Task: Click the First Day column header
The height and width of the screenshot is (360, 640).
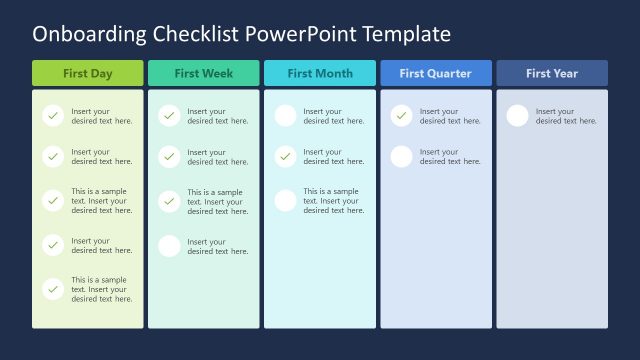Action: pyautogui.click(x=88, y=73)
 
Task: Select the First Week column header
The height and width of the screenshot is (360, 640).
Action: pyautogui.click(x=204, y=73)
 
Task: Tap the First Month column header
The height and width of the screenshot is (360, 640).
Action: pyautogui.click(x=320, y=73)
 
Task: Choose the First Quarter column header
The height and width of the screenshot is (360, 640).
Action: pyautogui.click(x=436, y=73)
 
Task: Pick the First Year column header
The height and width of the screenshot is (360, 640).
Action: pyautogui.click(x=552, y=73)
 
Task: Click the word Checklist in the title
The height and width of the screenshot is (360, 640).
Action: pyautogui.click(x=206, y=34)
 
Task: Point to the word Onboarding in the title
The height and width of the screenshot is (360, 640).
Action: pyautogui.click(x=90, y=34)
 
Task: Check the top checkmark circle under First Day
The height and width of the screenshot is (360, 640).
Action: pyautogui.click(x=53, y=116)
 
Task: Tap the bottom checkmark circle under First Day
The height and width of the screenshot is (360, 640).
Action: pyautogui.click(x=53, y=289)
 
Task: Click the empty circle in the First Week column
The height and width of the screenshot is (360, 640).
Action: pyautogui.click(x=169, y=246)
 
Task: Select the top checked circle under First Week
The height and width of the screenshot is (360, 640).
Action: pyautogui.click(x=169, y=116)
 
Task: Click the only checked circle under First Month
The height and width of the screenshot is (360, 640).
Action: pyautogui.click(x=285, y=157)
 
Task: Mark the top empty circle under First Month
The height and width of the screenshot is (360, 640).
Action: pyautogui.click(x=285, y=116)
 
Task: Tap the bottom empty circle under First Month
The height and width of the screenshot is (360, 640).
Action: pyautogui.click(x=285, y=201)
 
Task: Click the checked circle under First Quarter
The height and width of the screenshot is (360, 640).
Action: pyautogui.click(x=401, y=116)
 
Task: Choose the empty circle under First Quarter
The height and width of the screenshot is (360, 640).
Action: pyautogui.click(x=401, y=157)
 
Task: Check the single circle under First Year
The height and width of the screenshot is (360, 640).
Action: pyautogui.click(x=517, y=116)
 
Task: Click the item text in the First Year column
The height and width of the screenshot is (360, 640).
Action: pyautogui.click(x=566, y=116)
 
